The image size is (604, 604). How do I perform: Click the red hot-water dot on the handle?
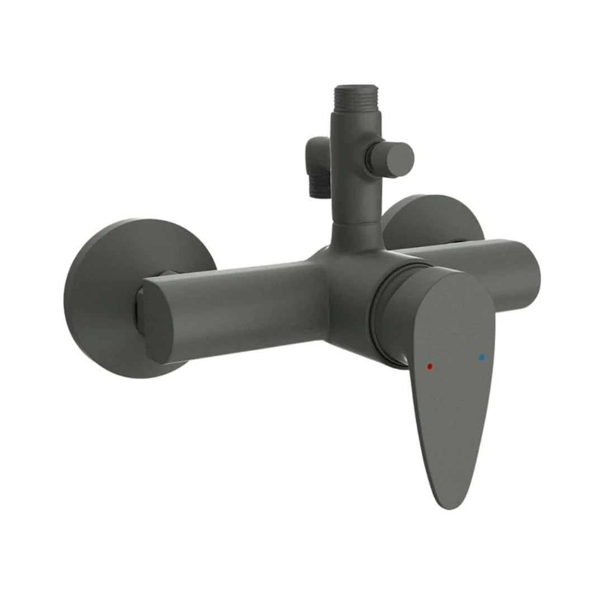tap(430, 366)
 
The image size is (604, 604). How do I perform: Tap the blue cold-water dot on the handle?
tap(482, 356)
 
